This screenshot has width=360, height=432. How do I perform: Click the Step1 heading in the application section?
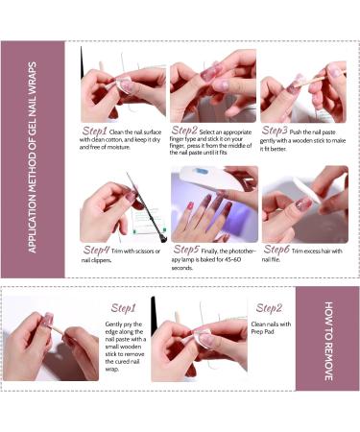tap(95, 131)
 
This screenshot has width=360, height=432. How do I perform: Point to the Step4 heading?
tap(96, 250)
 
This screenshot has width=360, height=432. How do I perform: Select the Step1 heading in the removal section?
tap(123, 308)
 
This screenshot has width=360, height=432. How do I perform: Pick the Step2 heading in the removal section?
tap(270, 308)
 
